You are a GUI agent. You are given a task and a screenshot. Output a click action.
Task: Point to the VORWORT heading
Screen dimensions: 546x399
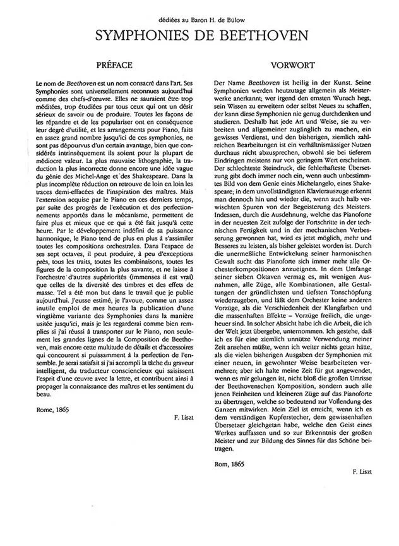pos(288,65)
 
